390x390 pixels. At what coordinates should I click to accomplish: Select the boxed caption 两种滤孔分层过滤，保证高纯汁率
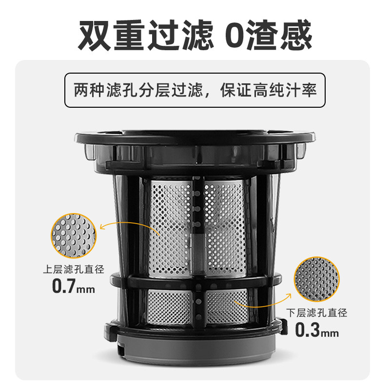pos(195,91)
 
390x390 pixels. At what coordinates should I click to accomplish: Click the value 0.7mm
pos(73,286)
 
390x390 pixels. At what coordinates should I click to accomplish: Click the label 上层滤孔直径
pos(73,269)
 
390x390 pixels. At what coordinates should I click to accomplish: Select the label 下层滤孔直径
pos(317,313)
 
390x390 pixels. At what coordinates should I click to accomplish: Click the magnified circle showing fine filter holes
pos(316,279)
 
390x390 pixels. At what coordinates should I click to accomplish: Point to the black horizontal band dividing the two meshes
pos(195,281)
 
